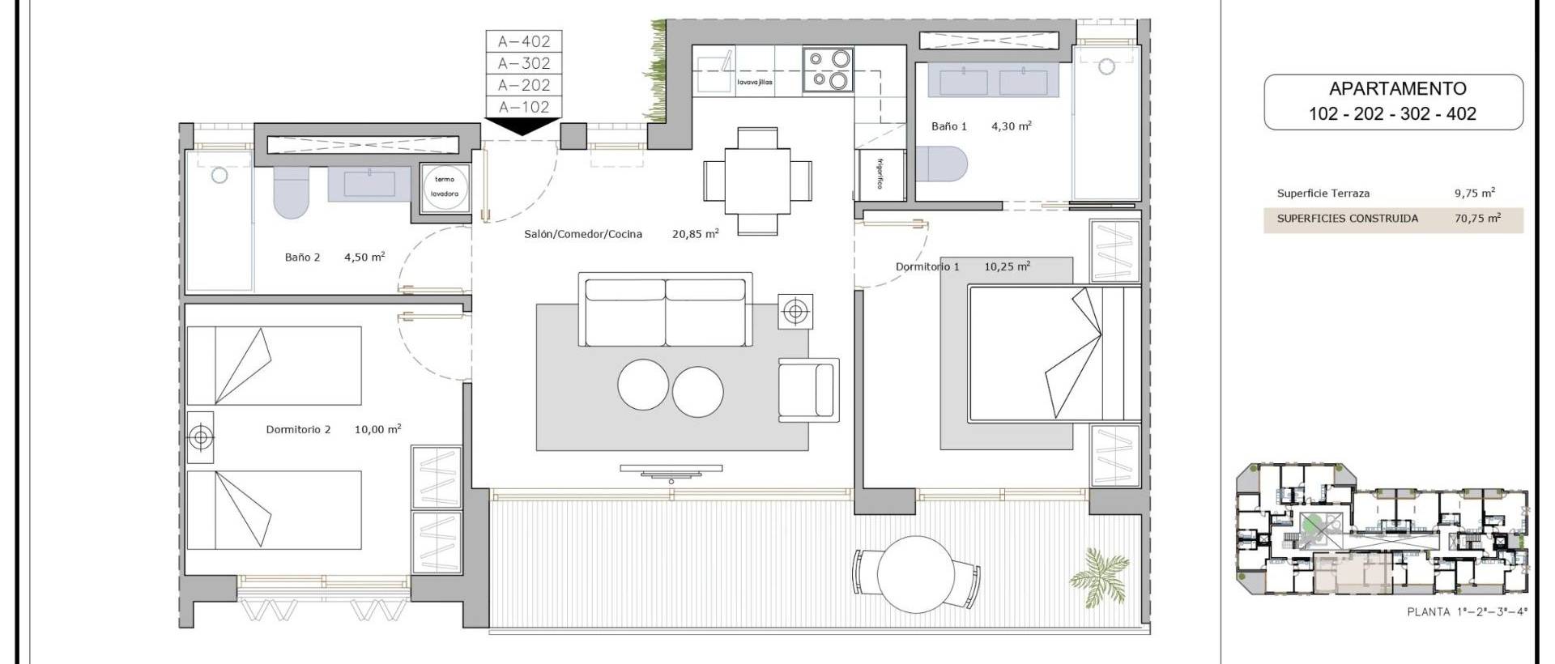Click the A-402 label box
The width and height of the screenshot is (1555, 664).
click(x=524, y=41)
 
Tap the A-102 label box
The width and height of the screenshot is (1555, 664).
click(x=524, y=107)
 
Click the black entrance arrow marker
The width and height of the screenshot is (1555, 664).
click(x=523, y=126)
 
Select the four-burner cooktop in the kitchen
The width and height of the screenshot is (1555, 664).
click(x=827, y=69)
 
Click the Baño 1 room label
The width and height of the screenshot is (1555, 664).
click(x=948, y=126)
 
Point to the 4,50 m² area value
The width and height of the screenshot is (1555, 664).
click(x=364, y=257)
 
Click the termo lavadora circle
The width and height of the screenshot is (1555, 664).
click(x=445, y=188)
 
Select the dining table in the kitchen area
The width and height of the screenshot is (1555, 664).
click(x=757, y=180)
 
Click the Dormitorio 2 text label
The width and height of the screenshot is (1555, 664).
click(x=298, y=430)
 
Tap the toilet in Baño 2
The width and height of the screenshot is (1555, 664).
click(x=291, y=194)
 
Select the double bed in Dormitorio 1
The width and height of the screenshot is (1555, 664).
click(x=1053, y=355)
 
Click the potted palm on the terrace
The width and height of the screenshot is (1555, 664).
click(x=1098, y=569)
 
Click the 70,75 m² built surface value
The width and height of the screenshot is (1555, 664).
click(x=1476, y=219)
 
